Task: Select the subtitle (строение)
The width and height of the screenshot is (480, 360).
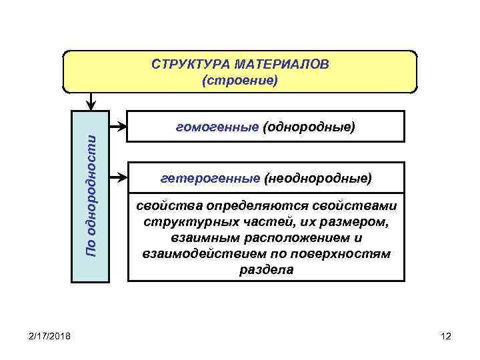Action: [239, 81]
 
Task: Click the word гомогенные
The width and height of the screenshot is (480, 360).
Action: [217, 126]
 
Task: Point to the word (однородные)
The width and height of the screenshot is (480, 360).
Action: [309, 126]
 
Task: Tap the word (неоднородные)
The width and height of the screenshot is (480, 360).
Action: [318, 179]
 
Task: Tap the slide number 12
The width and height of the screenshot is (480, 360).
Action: [446, 335]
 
